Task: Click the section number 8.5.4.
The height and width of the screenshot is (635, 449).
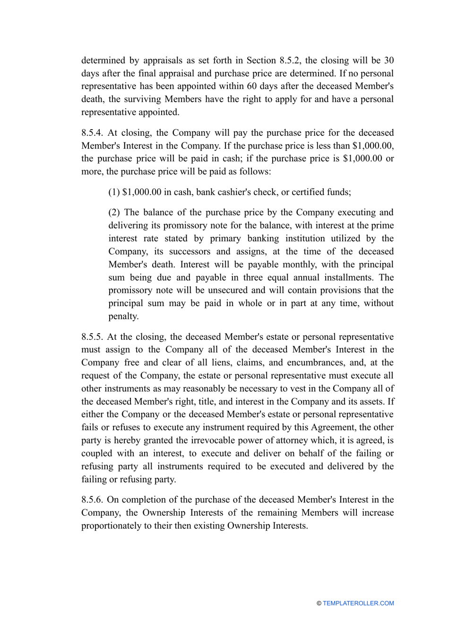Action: click(x=92, y=133)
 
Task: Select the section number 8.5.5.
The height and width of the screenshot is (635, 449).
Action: click(x=92, y=337)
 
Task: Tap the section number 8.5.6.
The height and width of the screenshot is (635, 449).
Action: click(x=92, y=500)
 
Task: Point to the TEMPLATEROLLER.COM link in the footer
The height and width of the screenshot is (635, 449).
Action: click(x=358, y=603)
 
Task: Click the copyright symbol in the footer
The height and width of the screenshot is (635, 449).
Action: click(x=319, y=603)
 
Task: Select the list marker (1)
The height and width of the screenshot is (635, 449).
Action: click(x=114, y=192)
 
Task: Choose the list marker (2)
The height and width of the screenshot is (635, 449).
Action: click(x=114, y=212)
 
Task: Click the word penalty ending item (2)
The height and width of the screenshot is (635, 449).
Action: click(x=123, y=316)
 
